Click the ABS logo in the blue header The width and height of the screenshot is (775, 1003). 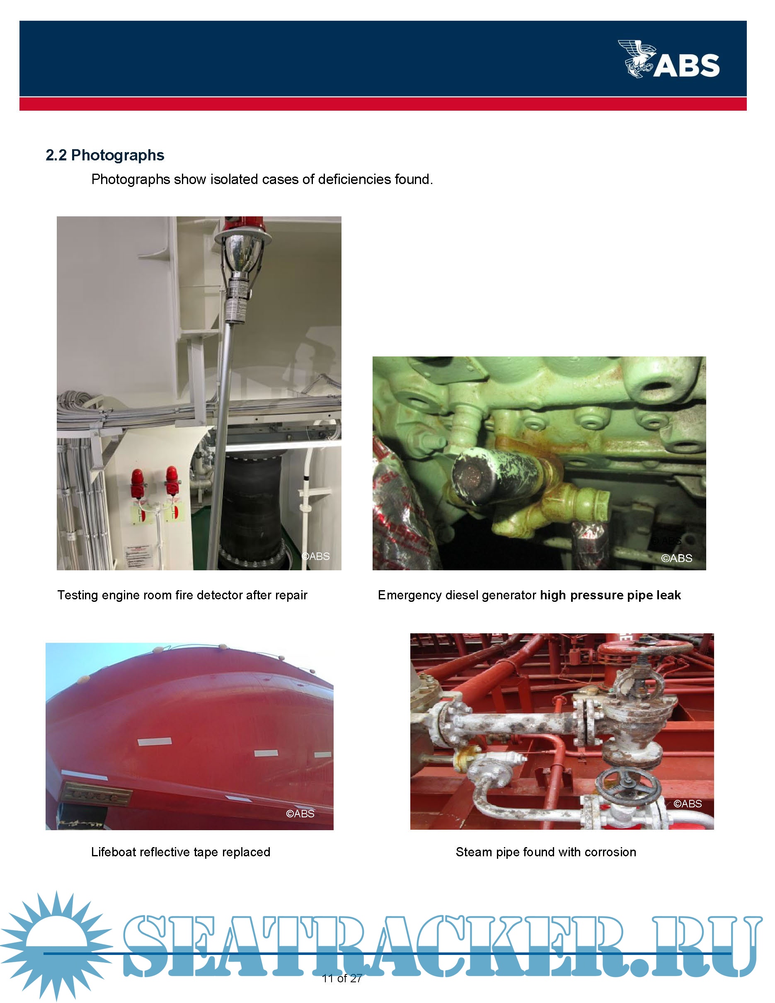(668, 59)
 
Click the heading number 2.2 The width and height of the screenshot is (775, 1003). (56, 155)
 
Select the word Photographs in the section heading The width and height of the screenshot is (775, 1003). (118, 156)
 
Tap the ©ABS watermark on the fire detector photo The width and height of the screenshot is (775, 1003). (315, 556)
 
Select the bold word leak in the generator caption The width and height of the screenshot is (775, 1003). (668, 595)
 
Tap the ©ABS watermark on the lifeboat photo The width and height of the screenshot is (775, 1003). (300, 814)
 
